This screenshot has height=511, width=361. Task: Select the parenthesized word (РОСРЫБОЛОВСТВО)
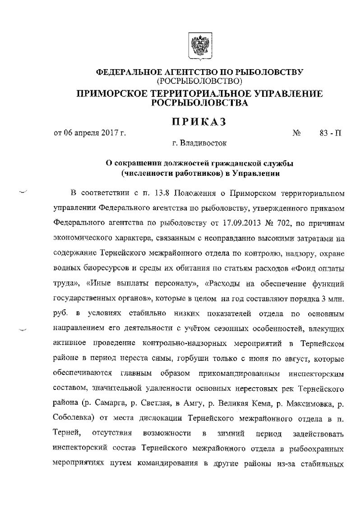(199, 81)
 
